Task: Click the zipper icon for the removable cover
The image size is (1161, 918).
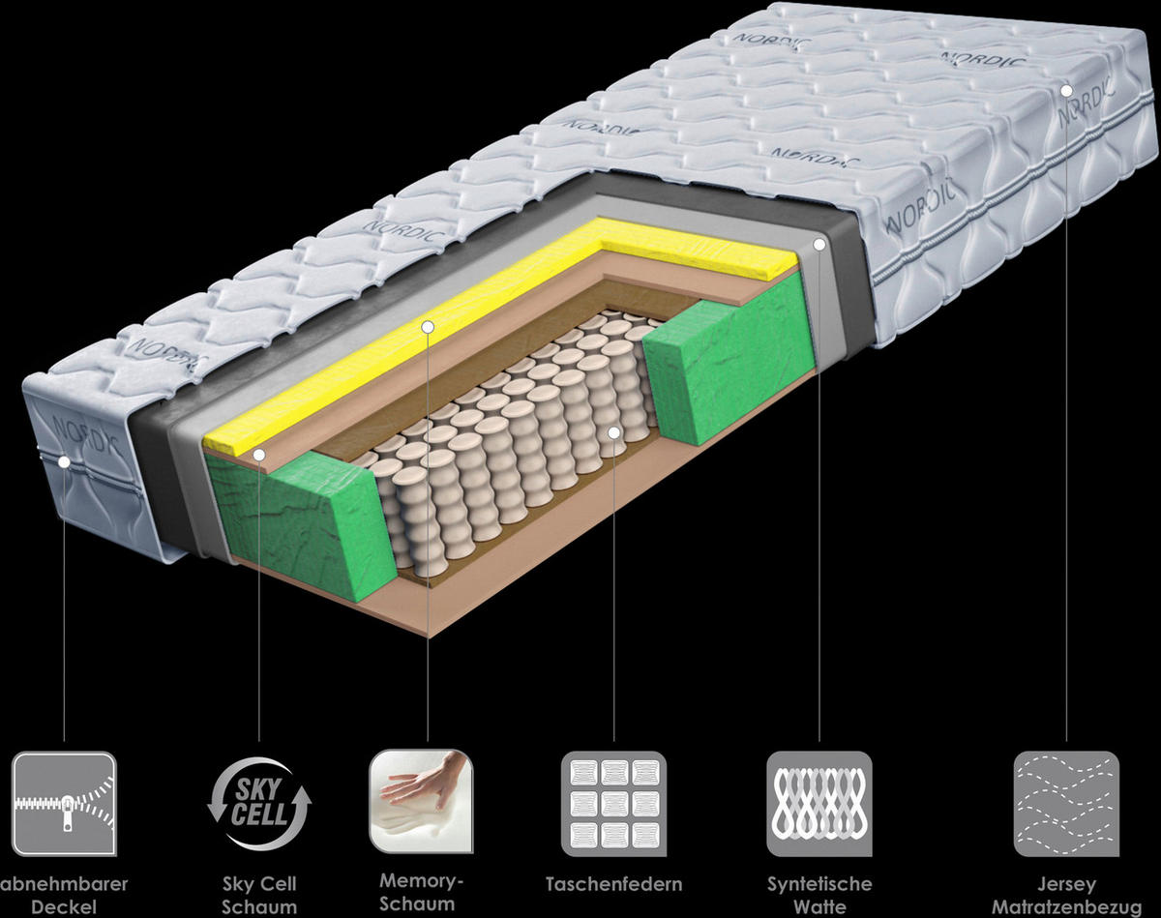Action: (x=64, y=803)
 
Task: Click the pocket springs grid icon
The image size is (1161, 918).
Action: (x=613, y=803)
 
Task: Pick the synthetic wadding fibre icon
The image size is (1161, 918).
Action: (x=819, y=803)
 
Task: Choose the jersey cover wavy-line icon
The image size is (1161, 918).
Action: (x=1065, y=803)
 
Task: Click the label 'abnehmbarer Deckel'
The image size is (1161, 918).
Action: (x=64, y=896)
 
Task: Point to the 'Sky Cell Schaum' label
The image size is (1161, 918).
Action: (x=259, y=896)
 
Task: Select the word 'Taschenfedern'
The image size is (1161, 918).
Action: (x=613, y=884)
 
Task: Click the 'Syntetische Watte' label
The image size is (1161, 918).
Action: (x=819, y=896)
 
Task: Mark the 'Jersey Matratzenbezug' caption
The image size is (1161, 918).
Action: (x=1065, y=896)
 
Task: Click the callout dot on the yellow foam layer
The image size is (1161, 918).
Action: (x=428, y=327)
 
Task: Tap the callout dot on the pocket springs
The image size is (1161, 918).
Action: (x=614, y=431)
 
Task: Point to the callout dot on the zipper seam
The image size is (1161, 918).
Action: (x=64, y=462)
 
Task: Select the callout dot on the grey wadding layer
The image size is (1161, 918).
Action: (x=819, y=246)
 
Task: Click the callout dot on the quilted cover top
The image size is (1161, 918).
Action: (x=1065, y=90)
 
